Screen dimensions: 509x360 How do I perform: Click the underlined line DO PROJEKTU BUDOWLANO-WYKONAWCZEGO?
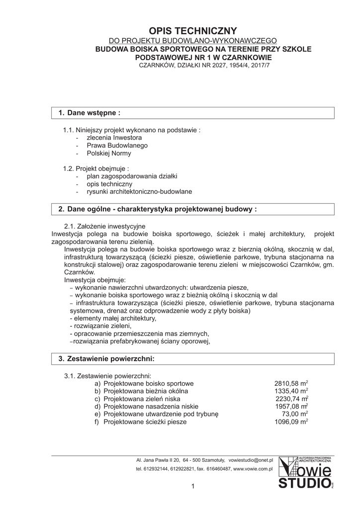[x=193, y=41]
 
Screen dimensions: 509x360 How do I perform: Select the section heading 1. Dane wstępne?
[x=90, y=113]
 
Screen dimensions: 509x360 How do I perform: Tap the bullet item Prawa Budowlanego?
[x=117, y=146]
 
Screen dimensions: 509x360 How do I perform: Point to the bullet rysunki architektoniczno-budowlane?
[x=139, y=192]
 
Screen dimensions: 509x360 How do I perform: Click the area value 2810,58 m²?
[x=291, y=384]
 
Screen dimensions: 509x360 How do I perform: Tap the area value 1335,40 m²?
[x=291, y=391]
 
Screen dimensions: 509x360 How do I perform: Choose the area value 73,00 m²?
[x=295, y=414]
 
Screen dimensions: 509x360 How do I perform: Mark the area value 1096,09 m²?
[x=291, y=422]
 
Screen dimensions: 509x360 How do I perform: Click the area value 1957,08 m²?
[x=291, y=407]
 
